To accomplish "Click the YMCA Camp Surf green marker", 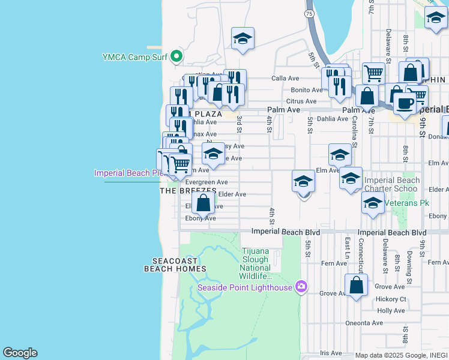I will point(176,57).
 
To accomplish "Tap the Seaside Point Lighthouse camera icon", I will point(301,287).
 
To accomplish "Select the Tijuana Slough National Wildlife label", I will point(258,264).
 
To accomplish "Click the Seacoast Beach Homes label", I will point(175,265).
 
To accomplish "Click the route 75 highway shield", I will point(309,13).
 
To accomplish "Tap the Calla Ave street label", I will point(285,78).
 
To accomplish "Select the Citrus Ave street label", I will point(301,101).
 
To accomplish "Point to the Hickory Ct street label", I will point(391,299).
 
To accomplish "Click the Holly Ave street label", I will point(391,311).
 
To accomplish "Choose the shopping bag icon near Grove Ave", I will point(357,286).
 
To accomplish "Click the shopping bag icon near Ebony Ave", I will point(203,203).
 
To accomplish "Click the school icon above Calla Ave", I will point(243,39).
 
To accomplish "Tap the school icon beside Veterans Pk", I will point(373,203).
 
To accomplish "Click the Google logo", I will point(20,353).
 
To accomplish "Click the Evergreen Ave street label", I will point(206,182).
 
